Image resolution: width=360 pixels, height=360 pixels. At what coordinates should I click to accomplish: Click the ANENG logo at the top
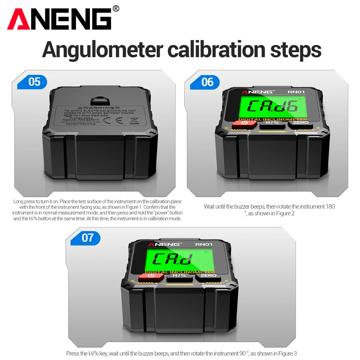[59, 19]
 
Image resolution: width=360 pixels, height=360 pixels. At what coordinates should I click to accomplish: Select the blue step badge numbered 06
[207, 82]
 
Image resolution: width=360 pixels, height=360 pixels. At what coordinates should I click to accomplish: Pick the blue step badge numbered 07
[87, 238]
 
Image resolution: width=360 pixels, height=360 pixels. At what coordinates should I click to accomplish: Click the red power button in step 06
[244, 123]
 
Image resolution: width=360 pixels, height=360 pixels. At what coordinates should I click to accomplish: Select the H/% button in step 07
[180, 276]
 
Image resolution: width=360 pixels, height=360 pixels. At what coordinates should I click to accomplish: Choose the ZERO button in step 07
[209, 276]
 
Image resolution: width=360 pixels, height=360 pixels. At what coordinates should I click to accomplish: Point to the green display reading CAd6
[273, 105]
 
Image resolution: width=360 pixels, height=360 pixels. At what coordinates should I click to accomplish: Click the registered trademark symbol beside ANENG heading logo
[116, 8]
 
